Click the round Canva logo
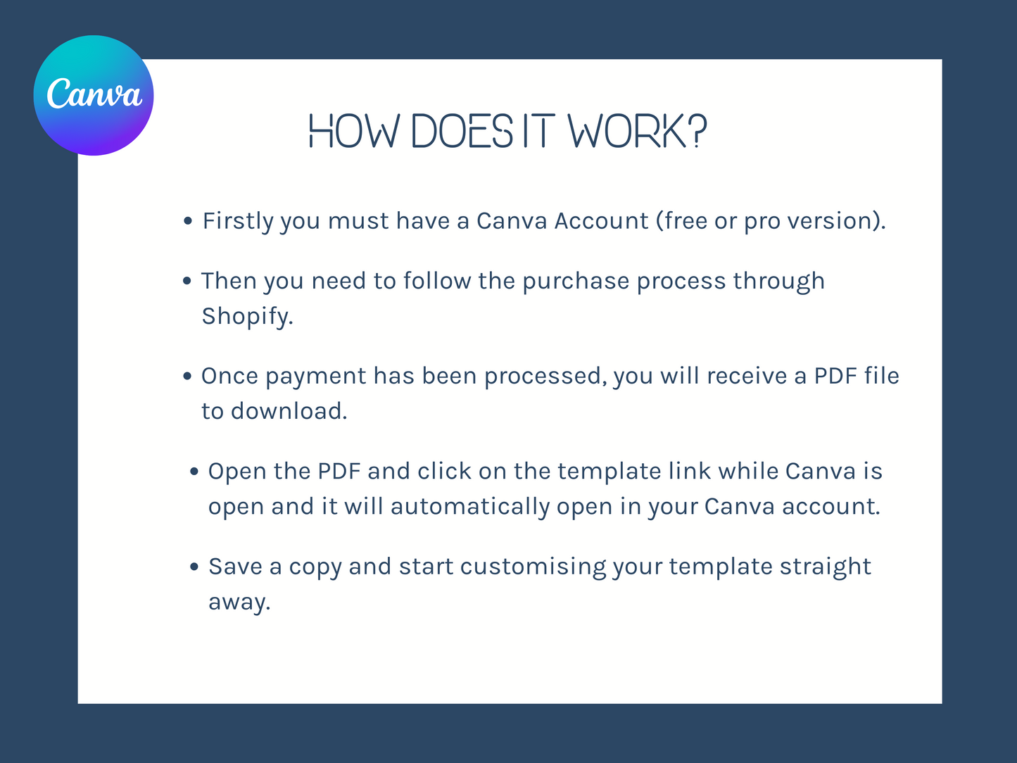(94, 96)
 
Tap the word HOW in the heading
(354, 132)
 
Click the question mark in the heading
(697, 132)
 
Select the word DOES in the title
(462, 132)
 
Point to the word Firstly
(238, 222)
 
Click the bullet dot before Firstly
(188, 221)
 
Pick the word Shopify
(248, 317)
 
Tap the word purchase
(576, 282)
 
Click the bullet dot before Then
(187, 281)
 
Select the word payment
(316, 377)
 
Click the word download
(289, 411)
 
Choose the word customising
(533, 567)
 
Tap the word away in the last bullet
(239, 603)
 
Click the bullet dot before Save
(194, 567)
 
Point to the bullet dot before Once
(187, 376)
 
